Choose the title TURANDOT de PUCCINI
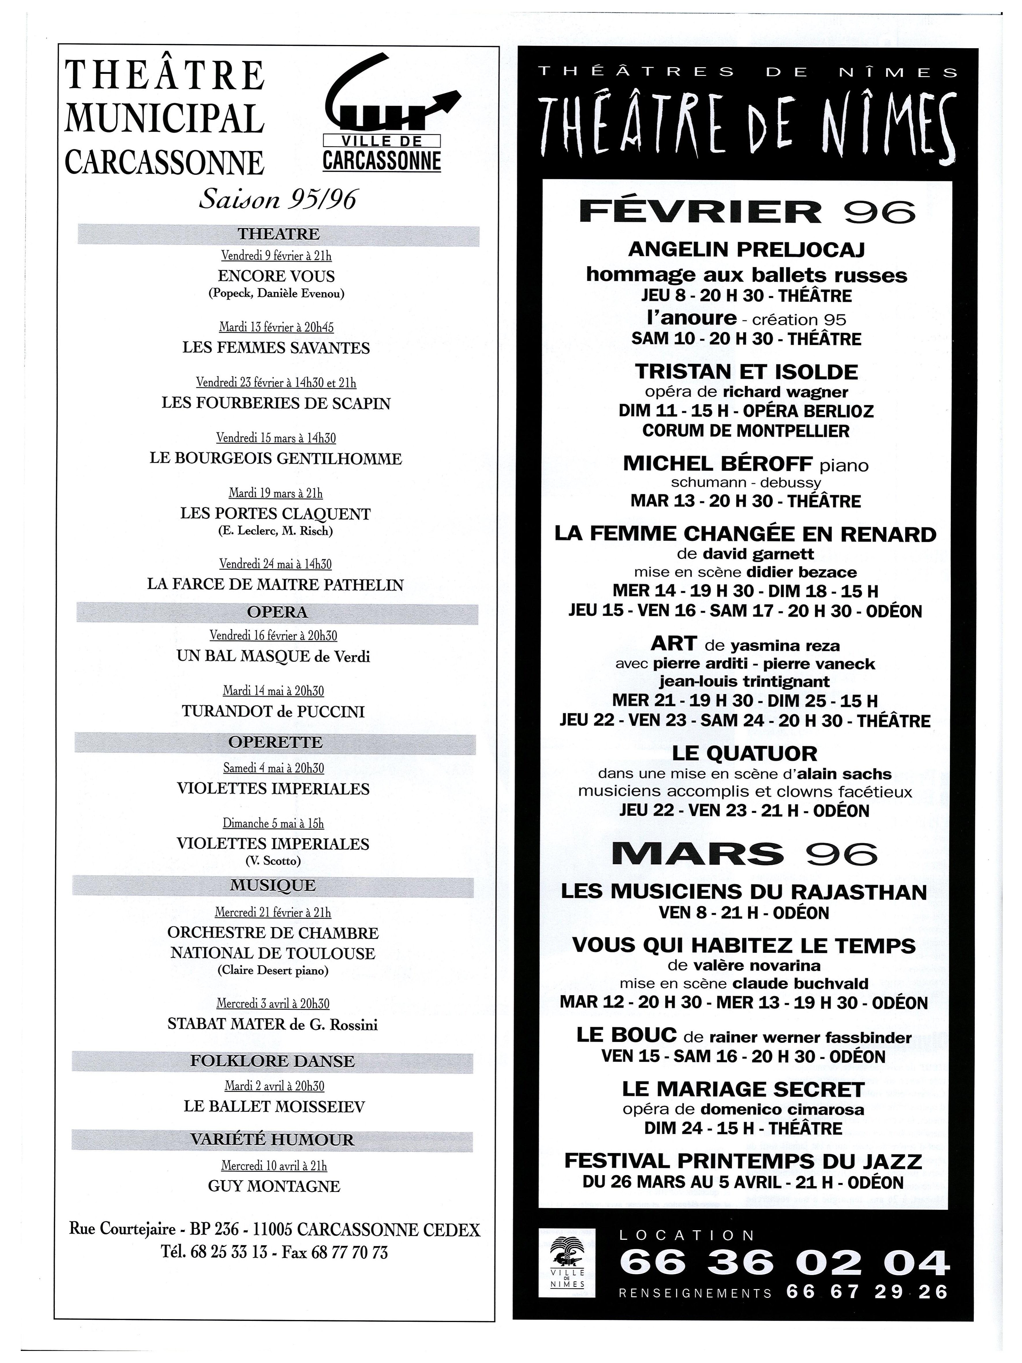[273, 712]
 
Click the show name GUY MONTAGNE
[274, 1186]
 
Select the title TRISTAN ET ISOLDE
[746, 372]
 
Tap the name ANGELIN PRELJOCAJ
[746, 250]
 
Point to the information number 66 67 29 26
[867, 1292]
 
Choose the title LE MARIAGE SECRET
[743, 1089]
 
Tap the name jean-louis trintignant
[744, 681]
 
